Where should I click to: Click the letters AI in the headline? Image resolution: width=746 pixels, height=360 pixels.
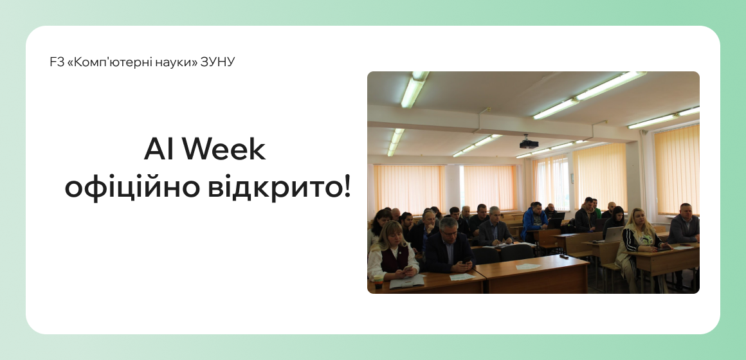(160, 150)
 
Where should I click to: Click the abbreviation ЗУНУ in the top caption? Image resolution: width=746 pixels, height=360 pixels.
(218, 62)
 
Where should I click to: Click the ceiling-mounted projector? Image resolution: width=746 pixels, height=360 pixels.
(529, 143)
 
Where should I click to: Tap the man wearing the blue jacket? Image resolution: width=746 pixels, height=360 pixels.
(534, 221)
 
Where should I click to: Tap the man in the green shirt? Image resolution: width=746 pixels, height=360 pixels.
(597, 208)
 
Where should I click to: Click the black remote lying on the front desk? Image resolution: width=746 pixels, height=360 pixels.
(564, 256)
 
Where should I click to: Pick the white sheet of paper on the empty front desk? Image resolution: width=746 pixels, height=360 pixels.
(528, 266)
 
